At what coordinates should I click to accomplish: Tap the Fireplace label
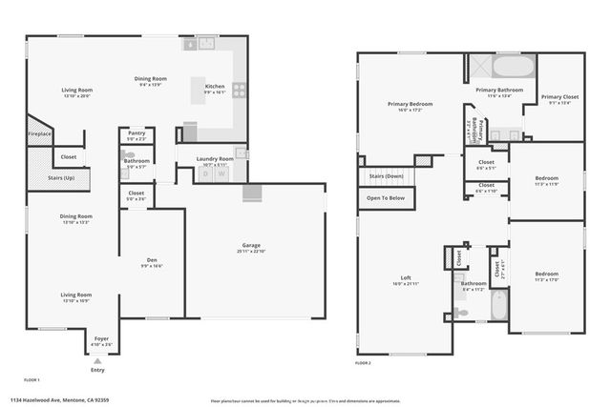pos(39,134)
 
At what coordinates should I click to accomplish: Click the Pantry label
pos(137,133)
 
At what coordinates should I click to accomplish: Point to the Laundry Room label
pos(215,159)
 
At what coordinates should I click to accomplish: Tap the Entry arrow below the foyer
pos(97,358)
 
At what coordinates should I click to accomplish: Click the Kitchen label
pos(215,87)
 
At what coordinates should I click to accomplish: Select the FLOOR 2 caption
pos(363,363)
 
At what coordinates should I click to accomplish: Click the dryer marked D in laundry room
pos(204,173)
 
